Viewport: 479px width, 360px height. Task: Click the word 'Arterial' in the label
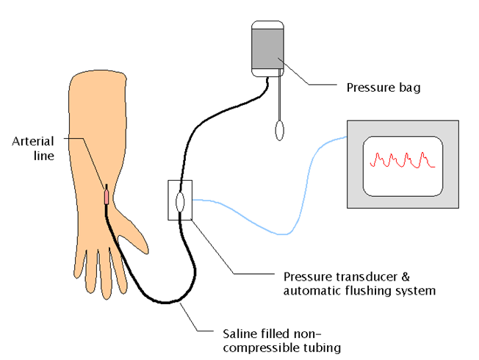[x=33, y=142]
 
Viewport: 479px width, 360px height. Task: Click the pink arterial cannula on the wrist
[x=107, y=197]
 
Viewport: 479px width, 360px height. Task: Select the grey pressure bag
[x=267, y=49]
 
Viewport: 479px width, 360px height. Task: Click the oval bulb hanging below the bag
[x=279, y=131]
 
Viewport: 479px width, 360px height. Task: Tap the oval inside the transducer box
[x=180, y=202]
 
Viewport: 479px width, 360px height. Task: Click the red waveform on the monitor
[x=403, y=160]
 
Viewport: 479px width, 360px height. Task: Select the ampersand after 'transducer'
[x=405, y=277]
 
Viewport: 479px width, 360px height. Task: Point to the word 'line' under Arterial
[x=44, y=156]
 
